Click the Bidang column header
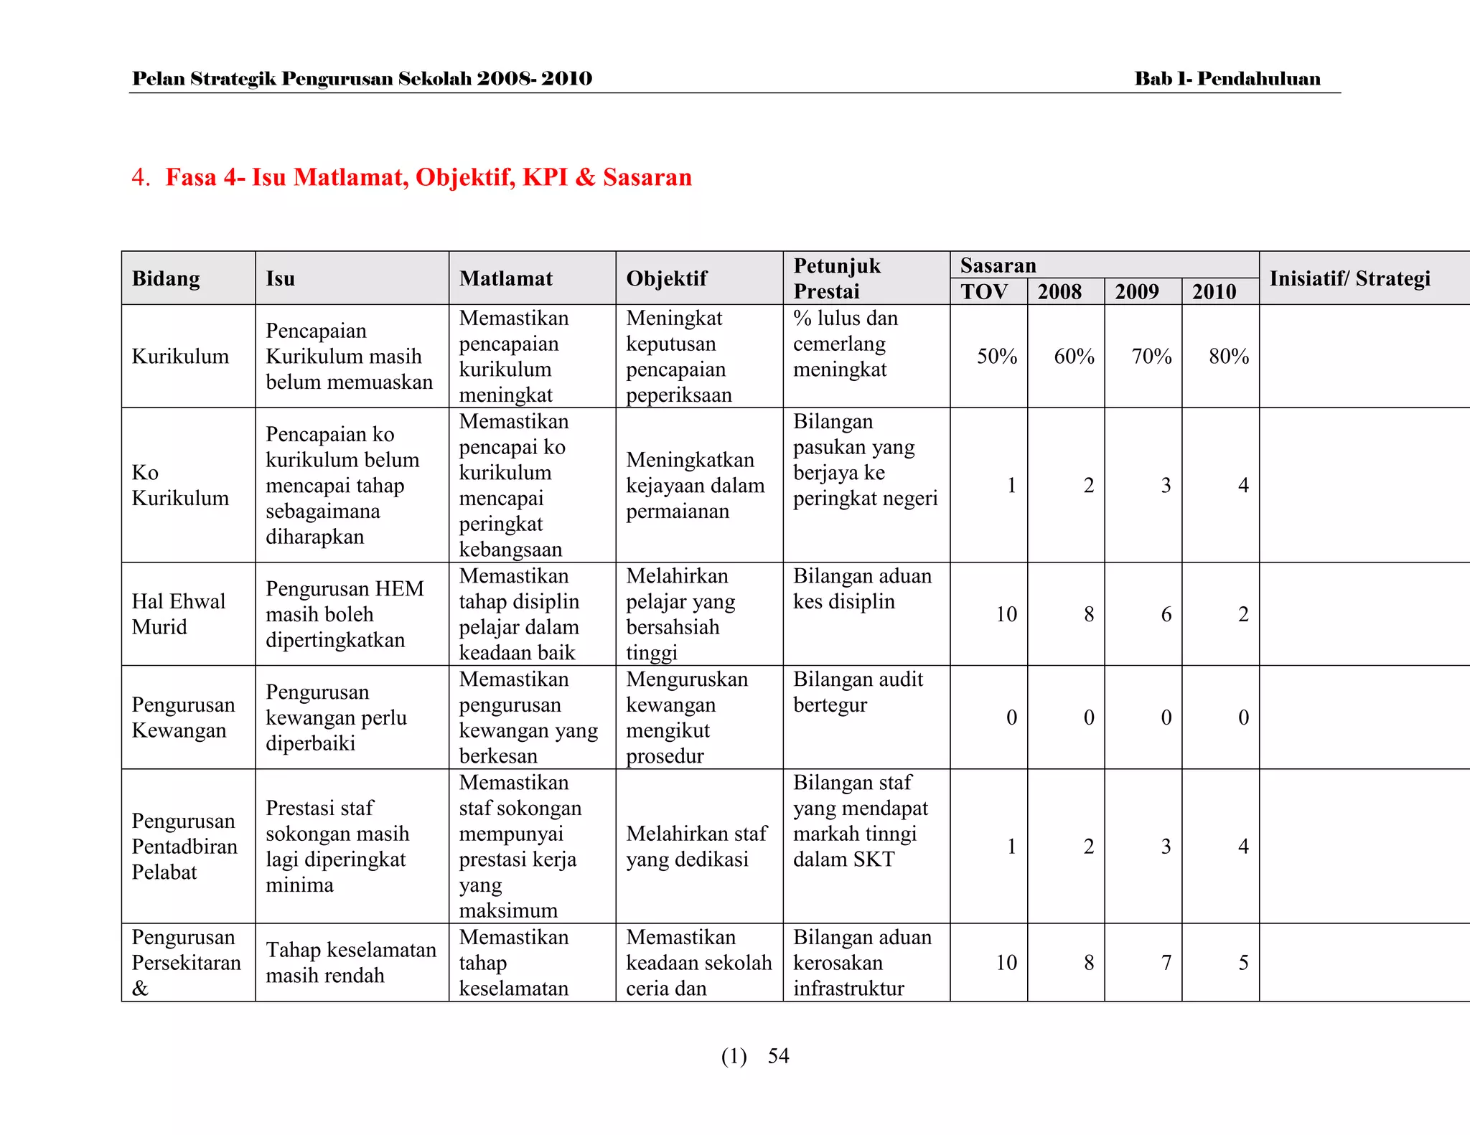coord(166,278)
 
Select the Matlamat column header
coord(506,278)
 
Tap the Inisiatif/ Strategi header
coord(1349,278)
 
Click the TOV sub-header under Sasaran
coord(984,292)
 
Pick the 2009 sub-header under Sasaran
coord(1137,292)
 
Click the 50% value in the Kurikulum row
coord(996,357)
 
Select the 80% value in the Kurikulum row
coord(1229,357)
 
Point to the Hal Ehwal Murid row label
coord(178,614)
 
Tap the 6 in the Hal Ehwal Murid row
coord(1166,614)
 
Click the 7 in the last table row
coord(1166,963)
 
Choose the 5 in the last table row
coord(1244,963)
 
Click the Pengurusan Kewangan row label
coord(183,717)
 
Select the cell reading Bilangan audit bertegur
coord(858,692)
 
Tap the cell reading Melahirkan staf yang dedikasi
coord(696,847)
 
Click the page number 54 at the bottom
coord(778,1056)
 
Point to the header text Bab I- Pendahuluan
coord(1227,79)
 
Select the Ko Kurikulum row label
coord(180,485)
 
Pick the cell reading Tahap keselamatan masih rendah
coord(350,963)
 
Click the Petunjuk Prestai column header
coord(836,278)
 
